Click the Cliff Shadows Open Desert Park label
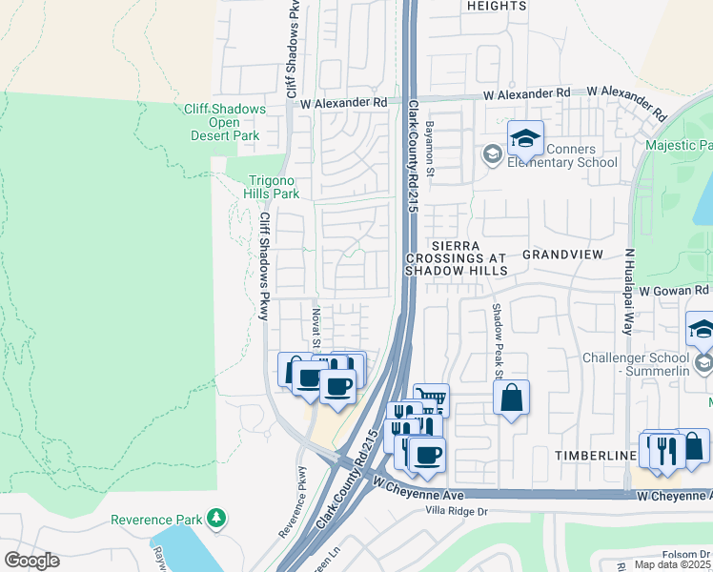[x=224, y=122]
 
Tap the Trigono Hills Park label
[x=274, y=187]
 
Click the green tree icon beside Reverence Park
[x=218, y=518]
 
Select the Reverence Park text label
[x=156, y=520]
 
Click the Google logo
[x=31, y=561]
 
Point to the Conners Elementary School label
[x=561, y=155]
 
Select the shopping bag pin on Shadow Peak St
[x=512, y=398]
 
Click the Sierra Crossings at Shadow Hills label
[x=456, y=257]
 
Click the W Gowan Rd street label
[x=675, y=290]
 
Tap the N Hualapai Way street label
[x=628, y=291]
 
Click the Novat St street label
[x=316, y=327]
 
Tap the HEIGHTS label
[x=496, y=6]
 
